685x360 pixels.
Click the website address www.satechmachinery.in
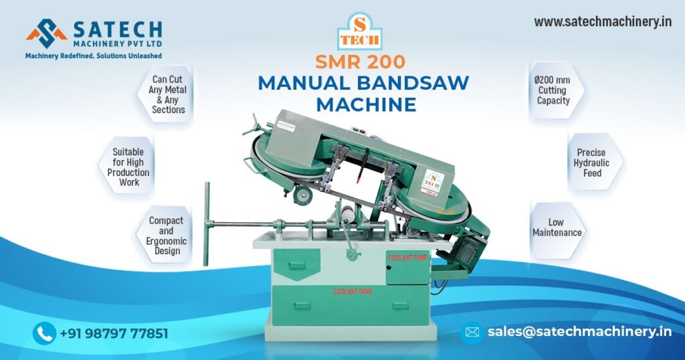[602, 21]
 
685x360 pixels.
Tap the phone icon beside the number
[44, 333]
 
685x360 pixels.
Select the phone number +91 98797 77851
[114, 333]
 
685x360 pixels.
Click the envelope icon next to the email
[472, 332]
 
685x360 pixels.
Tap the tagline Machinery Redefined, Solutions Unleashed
[93, 56]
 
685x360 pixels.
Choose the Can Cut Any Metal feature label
[168, 94]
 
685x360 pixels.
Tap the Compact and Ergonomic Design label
[167, 236]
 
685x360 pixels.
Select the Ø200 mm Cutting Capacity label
[553, 90]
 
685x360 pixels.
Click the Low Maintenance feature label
[557, 228]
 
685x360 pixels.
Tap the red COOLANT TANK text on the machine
[353, 292]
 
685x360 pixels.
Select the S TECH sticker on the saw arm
[433, 180]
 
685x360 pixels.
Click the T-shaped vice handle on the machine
[207, 214]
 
